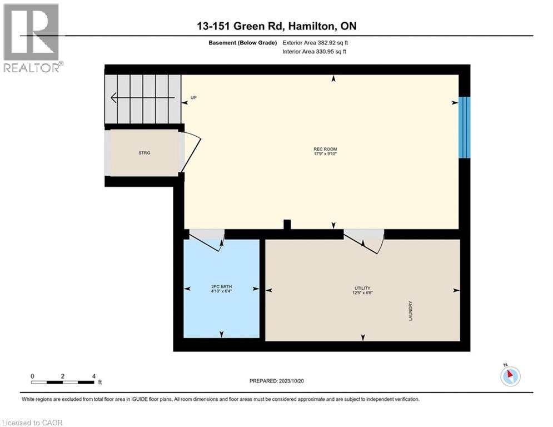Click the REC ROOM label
(x=325, y=149)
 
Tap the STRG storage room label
(x=145, y=152)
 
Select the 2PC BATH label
(x=222, y=287)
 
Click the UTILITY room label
(x=362, y=288)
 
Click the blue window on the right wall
(x=464, y=128)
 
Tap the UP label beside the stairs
(x=194, y=98)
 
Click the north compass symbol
(x=510, y=375)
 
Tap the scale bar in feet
(x=62, y=381)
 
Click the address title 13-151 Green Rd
(x=276, y=27)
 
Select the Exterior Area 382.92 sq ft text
(x=315, y=43)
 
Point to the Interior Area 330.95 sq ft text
(x=315, y=52)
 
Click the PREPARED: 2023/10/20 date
(x=277, y=381)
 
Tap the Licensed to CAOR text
(x=32, y=423)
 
